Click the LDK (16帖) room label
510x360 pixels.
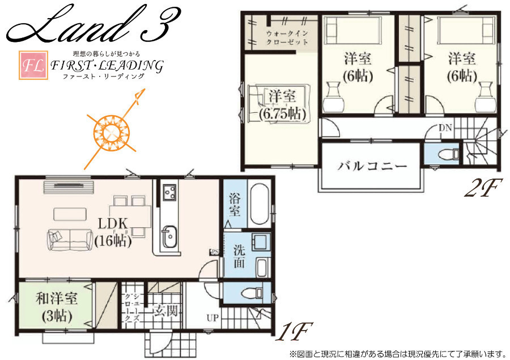(113, 232)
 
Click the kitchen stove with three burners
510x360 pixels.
(169, 192)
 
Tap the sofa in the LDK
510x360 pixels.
(70, 240)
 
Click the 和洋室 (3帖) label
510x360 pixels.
(57, 307)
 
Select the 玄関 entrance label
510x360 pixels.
(165, 311)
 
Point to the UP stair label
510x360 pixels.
(212, 317)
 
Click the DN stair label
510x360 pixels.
(445, 128)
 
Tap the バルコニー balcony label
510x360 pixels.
(372, 166)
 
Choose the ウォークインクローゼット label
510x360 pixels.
(287, 37)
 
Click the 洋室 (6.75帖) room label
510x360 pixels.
(282, 104)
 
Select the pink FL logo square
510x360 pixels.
(33, 65)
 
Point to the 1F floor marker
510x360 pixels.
(294, 331)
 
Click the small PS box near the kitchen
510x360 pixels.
(214, 252)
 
